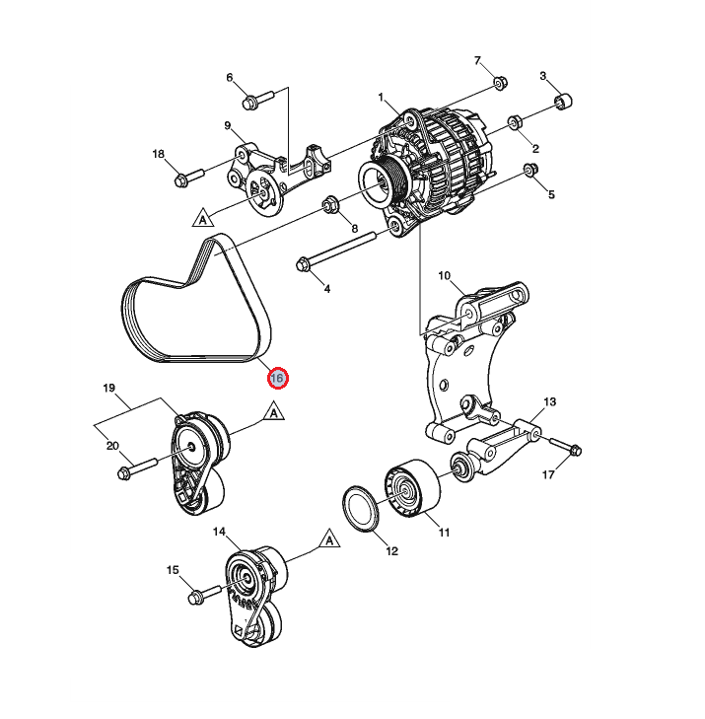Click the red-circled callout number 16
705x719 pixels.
[277, 378]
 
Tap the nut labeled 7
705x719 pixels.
[499, 84]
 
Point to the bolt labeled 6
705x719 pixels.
[254, 100]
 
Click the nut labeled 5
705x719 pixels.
[529, 174]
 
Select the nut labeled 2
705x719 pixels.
[515, 123]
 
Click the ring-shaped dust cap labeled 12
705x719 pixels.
[362, 509]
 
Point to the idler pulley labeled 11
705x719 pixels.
[407, 488]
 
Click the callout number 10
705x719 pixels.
[444, 276]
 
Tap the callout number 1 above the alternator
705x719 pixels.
[380, 97]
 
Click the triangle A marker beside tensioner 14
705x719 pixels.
[329, 539]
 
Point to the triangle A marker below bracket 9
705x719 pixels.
[203, 216]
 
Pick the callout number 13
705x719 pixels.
[550, 402]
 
